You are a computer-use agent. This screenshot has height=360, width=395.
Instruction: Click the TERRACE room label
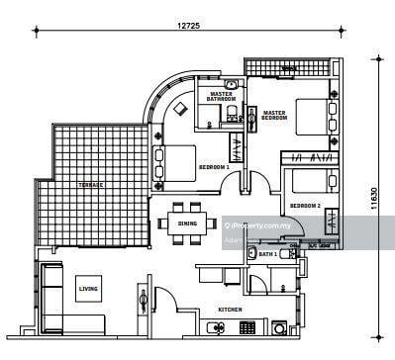pos(91,186)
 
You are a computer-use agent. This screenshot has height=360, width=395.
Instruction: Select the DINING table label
pos(187,224)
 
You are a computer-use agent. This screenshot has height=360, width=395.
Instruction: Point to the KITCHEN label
pos(230,311)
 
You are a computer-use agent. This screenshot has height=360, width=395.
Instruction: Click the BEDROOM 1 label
pos(213,167)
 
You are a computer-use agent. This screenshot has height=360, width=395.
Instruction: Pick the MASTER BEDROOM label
pos(274,116)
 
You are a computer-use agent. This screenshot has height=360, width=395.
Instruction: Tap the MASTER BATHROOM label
pos(221,97)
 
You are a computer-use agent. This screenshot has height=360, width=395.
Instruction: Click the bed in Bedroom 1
pos(176,162)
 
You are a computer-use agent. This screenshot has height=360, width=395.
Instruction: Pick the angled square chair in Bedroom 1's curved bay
pos(184,107)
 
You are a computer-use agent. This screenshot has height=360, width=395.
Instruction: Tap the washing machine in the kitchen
pos(280,327)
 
